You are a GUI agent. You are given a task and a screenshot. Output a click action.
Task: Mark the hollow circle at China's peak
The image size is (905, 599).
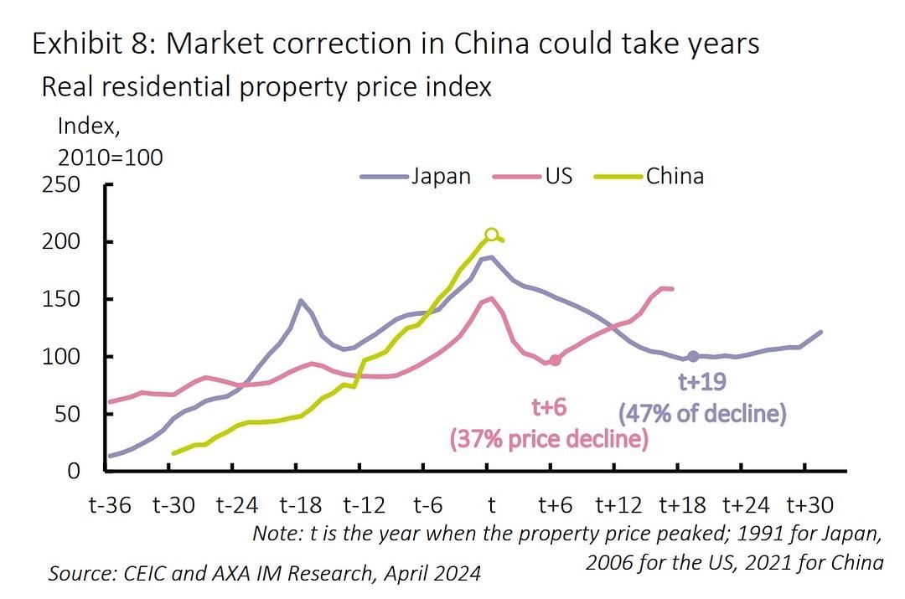click(492, 235)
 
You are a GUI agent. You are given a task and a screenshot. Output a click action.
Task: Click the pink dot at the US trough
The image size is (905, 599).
click(554, 360)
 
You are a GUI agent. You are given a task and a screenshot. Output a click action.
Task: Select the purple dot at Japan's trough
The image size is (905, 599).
click(693, 357)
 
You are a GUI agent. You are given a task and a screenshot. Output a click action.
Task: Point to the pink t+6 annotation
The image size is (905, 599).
click(550, 407)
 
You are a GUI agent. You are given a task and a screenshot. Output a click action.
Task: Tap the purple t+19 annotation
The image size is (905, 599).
click(702, 383)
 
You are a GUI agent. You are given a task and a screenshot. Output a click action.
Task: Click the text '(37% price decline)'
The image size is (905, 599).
click(549, 438)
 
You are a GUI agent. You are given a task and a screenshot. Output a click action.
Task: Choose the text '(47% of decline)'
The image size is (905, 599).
click(702, 413)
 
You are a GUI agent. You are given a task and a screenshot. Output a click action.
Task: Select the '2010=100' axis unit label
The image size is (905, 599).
click(110, 157)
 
